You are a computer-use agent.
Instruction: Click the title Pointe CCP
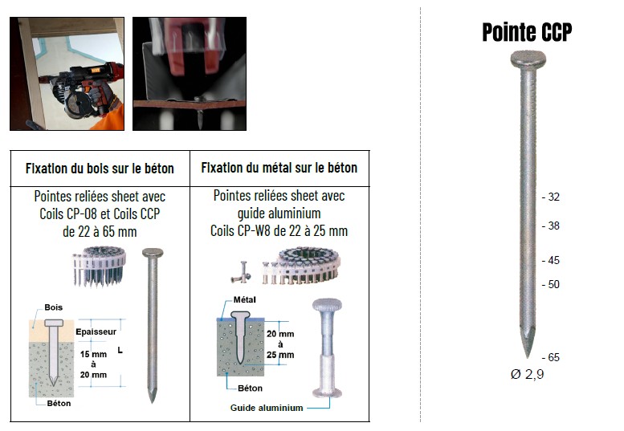(527, 32)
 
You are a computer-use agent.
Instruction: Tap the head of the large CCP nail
(528, 59)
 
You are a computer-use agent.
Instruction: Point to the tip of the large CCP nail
(528, 356)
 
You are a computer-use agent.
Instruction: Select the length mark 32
(551, 197)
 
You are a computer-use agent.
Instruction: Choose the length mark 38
(551, 226)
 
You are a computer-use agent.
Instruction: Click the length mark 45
(551, 260)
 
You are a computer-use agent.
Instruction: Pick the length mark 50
(551, 284)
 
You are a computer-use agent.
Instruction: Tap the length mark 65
(551, 357)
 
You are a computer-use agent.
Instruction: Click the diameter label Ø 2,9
(528, 374)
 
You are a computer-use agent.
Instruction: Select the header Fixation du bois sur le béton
(100, 169)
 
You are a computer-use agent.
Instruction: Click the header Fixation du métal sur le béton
(279, 168)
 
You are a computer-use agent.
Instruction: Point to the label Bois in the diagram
(53, 307)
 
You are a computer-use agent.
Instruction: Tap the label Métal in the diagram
(244, 300)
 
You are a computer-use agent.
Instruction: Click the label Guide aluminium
(267, 408)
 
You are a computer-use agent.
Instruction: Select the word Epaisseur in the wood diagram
(96, 332)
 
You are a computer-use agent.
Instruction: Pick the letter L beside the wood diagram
(120, 350)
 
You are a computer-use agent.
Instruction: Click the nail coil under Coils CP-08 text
(99, 266)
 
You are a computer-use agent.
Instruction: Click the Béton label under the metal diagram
(250, 388)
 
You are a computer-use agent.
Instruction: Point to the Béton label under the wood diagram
(59, 404)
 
